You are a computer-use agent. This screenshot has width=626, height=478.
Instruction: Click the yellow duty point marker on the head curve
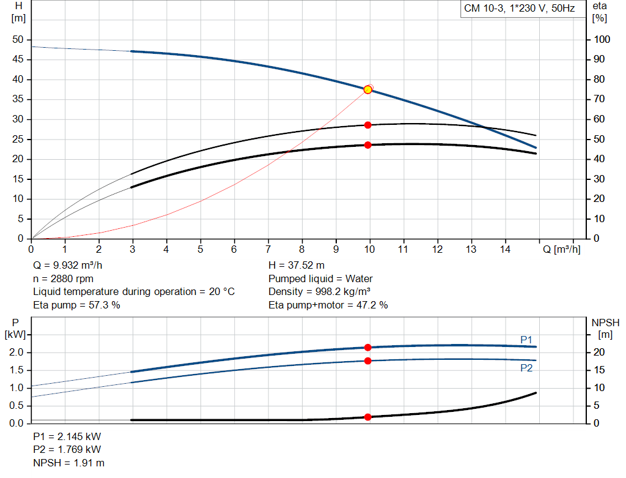(367, 89)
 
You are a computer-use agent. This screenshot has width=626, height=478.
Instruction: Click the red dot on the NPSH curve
(367, 417)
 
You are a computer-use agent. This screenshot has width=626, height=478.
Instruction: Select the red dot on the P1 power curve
(367, 348)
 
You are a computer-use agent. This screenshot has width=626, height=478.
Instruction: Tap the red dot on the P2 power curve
(367, 361)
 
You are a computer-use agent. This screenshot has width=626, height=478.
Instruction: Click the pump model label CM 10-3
(483, 9)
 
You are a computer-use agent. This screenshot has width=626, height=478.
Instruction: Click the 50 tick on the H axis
(17, 40)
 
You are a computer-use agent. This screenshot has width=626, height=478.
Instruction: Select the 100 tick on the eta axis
(602, 40)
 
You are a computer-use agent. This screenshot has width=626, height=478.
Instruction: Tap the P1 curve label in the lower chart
(526, 339)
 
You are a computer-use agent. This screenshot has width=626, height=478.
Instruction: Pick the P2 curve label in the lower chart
(526, 368)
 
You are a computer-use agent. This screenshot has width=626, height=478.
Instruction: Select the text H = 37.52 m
(296, 266)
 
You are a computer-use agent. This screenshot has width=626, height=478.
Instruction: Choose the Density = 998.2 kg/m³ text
(320, 292)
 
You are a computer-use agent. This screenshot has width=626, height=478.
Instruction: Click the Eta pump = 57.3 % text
(76, 305)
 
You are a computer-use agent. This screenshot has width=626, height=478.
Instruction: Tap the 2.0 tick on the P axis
(16, 353)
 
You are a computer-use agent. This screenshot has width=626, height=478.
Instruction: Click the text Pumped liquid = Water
(320, 278)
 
